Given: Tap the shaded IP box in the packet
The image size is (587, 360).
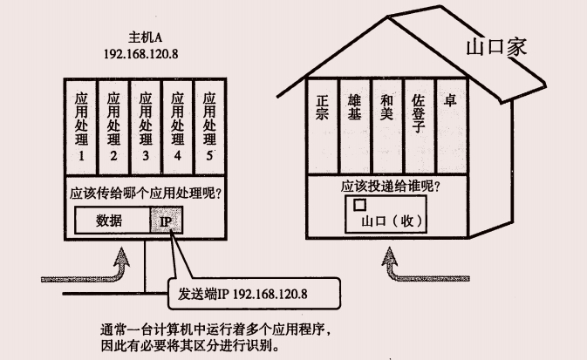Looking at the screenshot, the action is (166, 221).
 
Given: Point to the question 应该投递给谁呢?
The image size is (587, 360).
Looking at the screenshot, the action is (384, 187).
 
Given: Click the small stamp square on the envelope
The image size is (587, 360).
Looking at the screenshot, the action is (358, 206).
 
